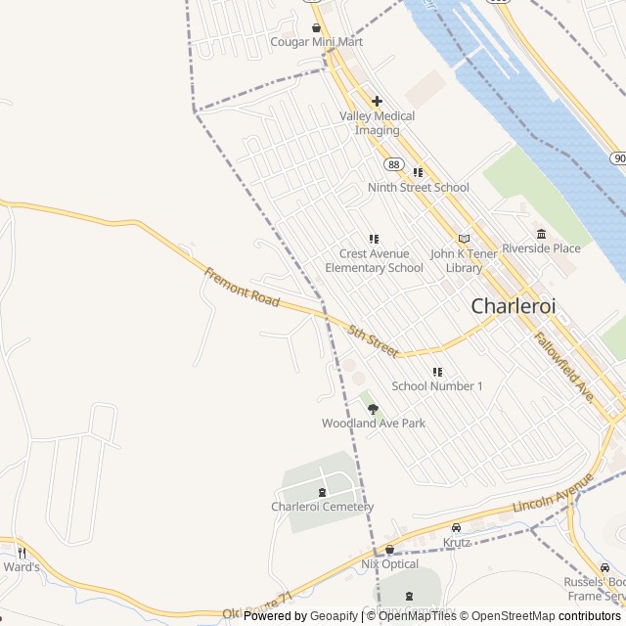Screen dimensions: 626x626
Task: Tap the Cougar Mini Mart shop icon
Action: (316, 27)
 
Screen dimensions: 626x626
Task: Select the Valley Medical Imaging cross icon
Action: (377, 101)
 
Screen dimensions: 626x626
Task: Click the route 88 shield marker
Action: (393, 163)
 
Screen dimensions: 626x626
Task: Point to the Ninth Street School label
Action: (418, 187)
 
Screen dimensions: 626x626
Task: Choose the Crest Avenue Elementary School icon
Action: (374, 239)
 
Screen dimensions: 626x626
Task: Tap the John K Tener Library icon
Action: (464, 239)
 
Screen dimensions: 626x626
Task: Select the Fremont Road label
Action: (242, 289)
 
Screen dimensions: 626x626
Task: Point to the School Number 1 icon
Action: (437, 372)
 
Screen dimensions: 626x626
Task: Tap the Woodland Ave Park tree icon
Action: (373, 409)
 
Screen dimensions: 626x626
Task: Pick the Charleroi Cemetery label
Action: (322, 507)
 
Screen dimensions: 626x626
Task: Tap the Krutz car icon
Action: (456, 528)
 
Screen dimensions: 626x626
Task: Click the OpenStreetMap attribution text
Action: (508, 616)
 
